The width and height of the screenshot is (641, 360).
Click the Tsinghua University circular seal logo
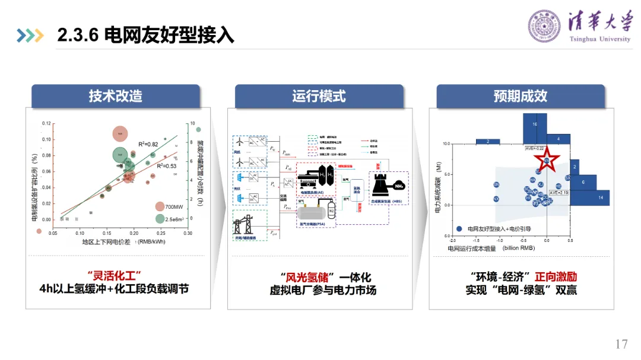(x=544, y=26)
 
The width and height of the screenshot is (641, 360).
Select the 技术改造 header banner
(x=116, y=95)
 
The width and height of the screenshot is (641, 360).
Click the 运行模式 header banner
(x=319, y=95)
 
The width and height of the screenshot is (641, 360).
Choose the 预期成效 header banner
(x=521, y=95)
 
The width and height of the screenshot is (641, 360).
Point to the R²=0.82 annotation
(x=148, y=144)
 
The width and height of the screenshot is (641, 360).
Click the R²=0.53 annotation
(x=167, y=166)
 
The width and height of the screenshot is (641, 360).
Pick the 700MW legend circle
(x=160, y=206)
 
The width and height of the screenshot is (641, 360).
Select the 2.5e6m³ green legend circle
(x=160, y=219)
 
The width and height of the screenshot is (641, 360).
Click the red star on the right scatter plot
(x=545, y=159)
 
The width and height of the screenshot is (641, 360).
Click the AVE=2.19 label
(x=559, y=193)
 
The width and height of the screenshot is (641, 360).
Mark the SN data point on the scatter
(x=496, y=184)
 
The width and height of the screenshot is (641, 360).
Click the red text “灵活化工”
(x=114, y=277)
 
